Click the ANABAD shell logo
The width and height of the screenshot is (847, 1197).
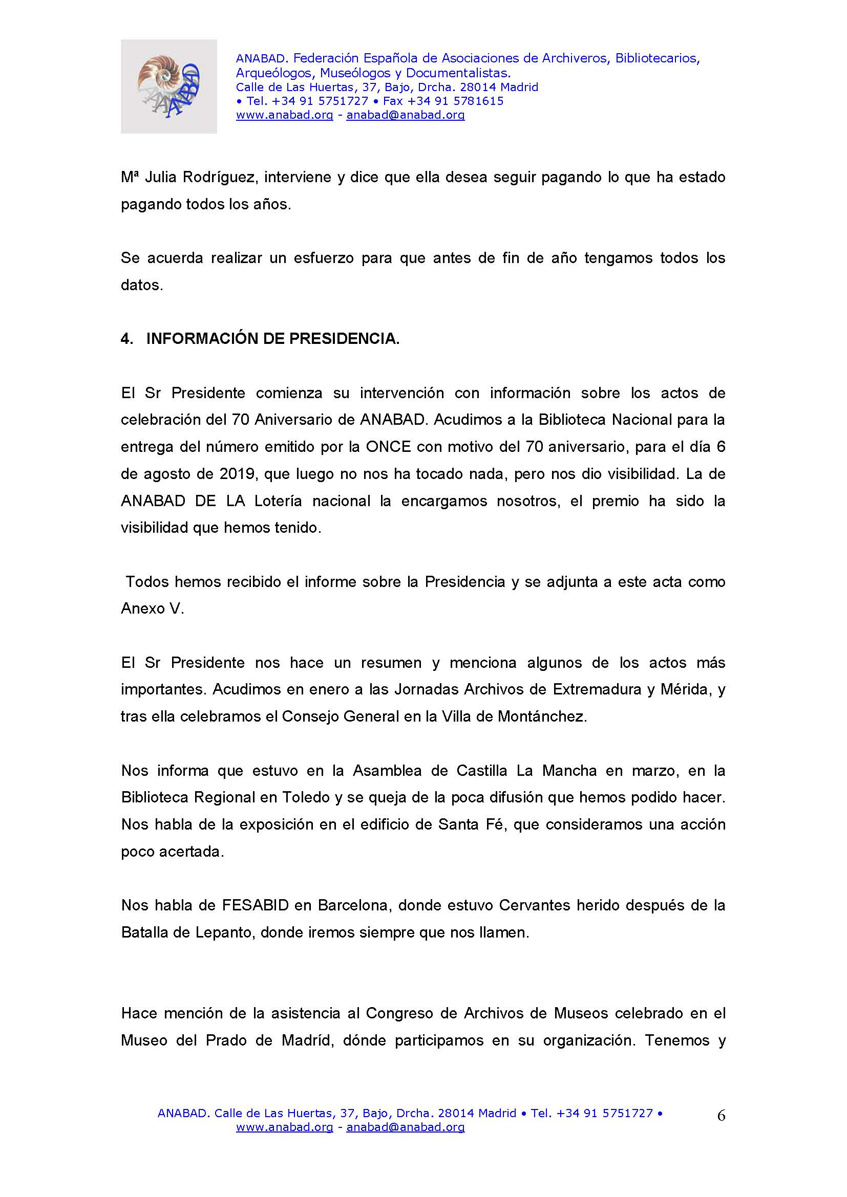click(x=168, y=86)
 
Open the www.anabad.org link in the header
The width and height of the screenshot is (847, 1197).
click(x=284, y=115)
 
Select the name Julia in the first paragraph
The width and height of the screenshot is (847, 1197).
click(x=162, y=177)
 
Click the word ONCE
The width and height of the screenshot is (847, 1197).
click(x=388, y=447)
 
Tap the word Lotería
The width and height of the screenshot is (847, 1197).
click(x=278, y=501)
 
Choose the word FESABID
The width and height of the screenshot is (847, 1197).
click(x=255, y=905)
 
